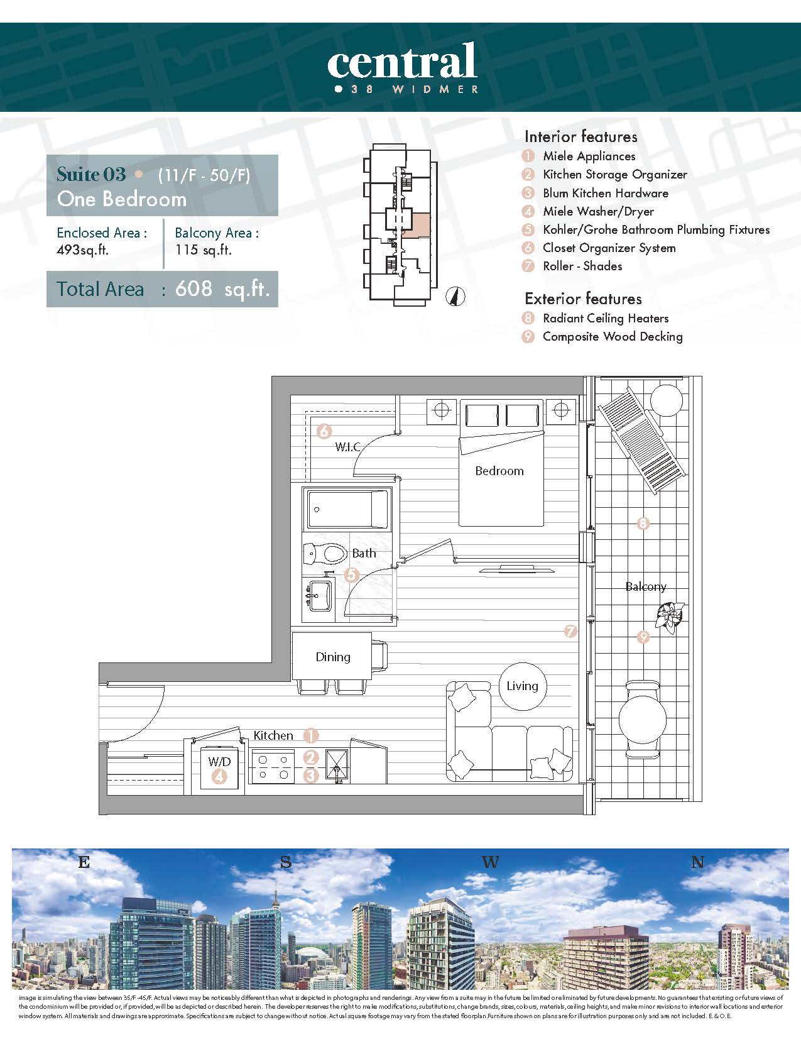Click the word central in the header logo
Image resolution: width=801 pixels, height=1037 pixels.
(401, 60)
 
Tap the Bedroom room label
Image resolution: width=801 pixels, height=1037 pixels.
(499, 471)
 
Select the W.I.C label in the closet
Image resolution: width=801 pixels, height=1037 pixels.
(347, 447)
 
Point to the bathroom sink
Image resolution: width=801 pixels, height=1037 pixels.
(319, 595)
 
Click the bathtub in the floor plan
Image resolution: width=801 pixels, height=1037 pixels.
(347, 509)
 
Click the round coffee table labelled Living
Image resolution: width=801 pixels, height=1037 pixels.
(523, 686)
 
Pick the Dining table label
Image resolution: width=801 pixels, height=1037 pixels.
(333, 657)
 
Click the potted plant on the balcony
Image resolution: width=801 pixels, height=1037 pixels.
(670, 617)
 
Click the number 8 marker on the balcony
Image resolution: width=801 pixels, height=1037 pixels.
(643, 524)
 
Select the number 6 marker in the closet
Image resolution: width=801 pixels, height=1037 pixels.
(324, 431)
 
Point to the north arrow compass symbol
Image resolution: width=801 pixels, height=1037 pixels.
(455, 297)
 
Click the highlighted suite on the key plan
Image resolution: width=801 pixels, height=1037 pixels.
(415, 225)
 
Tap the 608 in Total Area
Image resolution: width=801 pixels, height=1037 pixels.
(193, 288)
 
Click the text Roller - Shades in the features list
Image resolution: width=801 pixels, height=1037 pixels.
(582, 266)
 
